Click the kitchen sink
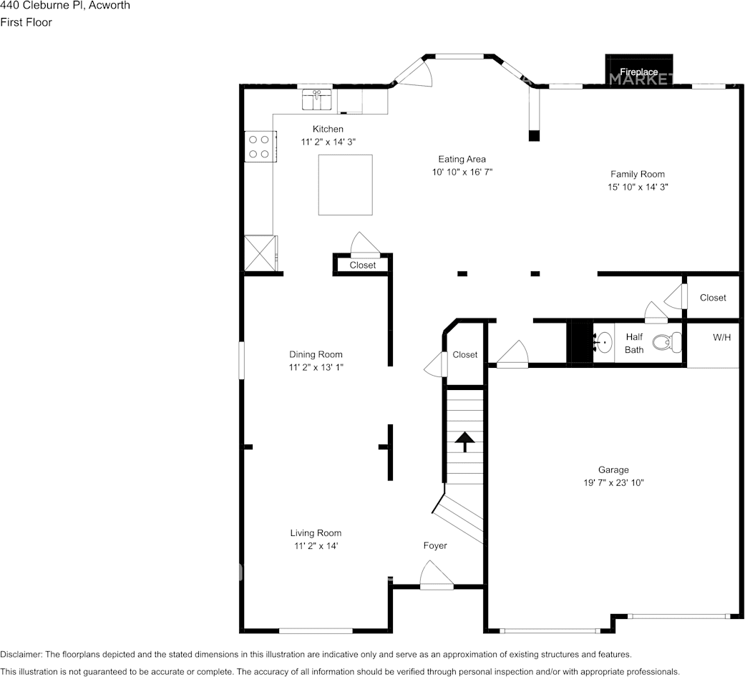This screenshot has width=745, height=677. pyautogui.click(x=317, y=99)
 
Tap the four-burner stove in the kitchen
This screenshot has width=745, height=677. pyautogui.click(x=260, y=146)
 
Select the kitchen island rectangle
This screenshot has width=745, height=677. pyautogui.click(x=346, y=185)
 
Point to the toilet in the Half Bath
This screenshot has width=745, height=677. pyautogui.click(x=667, y=342)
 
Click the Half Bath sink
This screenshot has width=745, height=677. pyautogui.click(x=603, y=342)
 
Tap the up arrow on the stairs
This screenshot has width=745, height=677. pyautogui.click(x=464, y=442)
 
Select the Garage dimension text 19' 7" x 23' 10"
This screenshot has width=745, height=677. pyautogui.click(x=613, y=482)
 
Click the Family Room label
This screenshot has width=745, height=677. pyautogui.click(x=637, y=175)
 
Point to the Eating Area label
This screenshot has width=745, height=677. pyautogui.click(x=462, y=159)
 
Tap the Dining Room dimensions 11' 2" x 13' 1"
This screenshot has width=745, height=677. pyautogui.click(x=316, y=367)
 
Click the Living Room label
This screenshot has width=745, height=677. pyautogui.click(x=316, y=533)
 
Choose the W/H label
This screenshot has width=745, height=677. pyautogui.click(x=721, y=337)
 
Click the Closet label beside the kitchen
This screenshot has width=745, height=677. pyautogui.click(x=363, y=265)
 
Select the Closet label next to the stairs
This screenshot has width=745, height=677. pyautogui.click(x=464, y=354)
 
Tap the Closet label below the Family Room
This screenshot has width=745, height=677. pyautogui.click(x=713, y=298)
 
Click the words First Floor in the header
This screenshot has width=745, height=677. pyautogui.click(x=26, y=22)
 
